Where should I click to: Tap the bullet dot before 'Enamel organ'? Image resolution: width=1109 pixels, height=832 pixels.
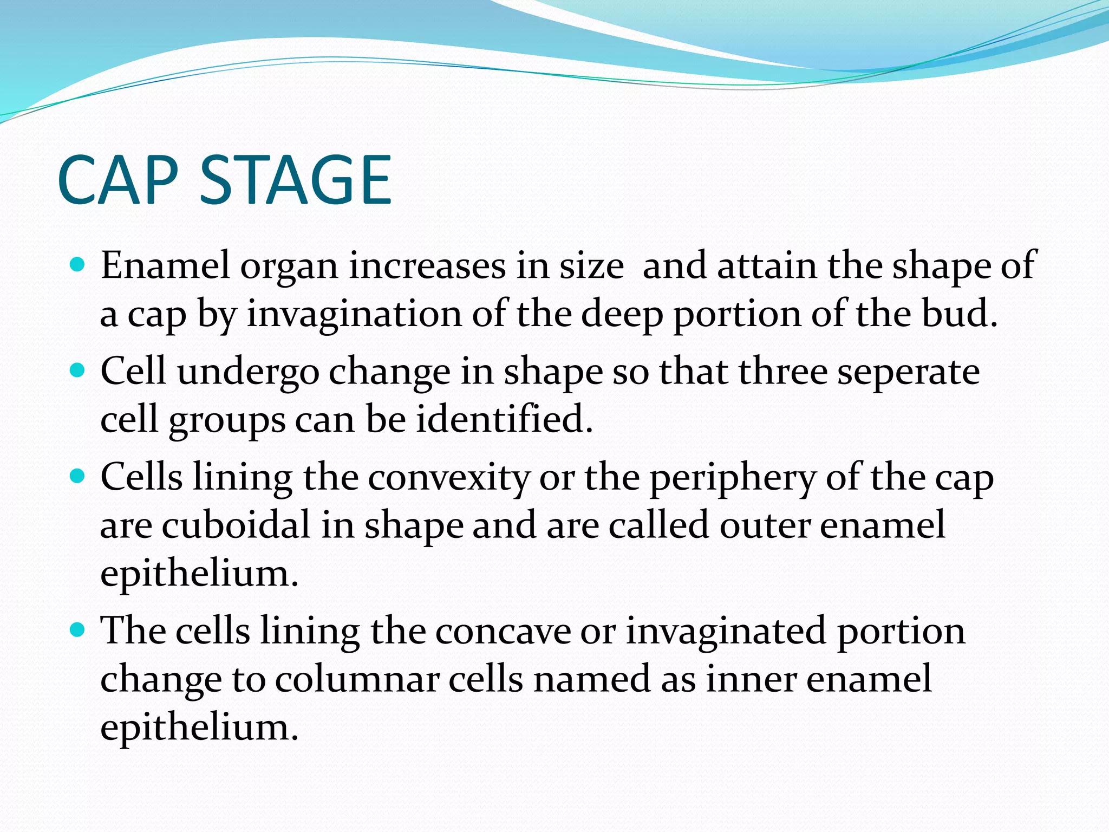(x=78, y=265)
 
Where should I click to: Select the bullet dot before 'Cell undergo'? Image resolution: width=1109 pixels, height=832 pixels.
(x=78, y=371)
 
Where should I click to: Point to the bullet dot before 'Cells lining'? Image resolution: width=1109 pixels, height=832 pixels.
(x=78, y=477)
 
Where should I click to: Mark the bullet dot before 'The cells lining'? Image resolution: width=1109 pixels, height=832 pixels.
(x=78, y=630)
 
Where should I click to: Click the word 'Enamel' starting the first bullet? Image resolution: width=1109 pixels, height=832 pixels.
(x=165, y=266)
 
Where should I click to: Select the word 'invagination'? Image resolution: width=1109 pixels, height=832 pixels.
(x=354, y=314)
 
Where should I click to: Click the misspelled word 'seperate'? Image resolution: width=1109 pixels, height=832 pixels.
(x=909, y=373)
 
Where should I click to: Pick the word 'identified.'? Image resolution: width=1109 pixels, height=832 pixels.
(x=504, y=419)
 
